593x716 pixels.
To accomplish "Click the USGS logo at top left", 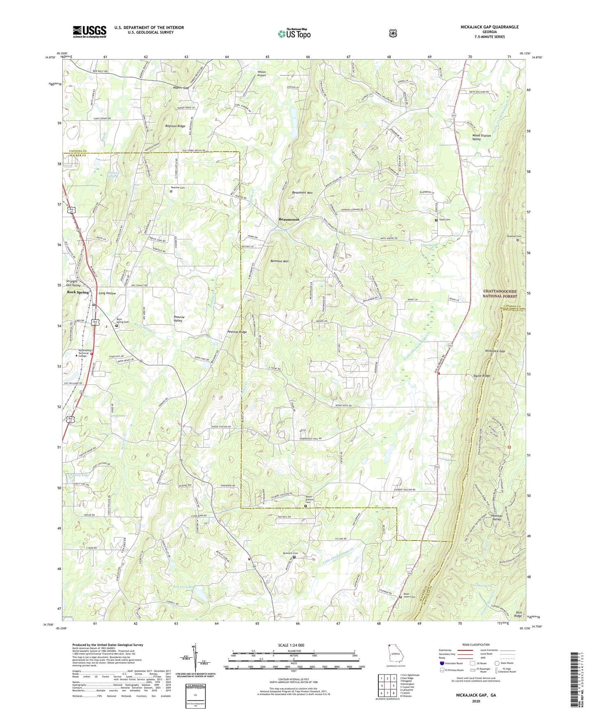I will [89, 32].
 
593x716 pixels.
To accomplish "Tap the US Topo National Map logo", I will [294, 33].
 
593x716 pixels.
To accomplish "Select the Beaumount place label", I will [289, 219].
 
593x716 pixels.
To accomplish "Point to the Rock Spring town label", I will [78, 292].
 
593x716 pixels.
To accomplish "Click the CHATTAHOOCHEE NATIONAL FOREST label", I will [499, 294].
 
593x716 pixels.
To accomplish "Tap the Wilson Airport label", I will [261, 73].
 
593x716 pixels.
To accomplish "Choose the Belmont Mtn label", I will [279, 261].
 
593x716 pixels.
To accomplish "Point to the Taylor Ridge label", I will [481, 376].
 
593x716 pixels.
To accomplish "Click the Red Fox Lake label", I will [183, 587].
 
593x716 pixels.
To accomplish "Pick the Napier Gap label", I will [181, 88].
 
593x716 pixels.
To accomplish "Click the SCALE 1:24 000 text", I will [291, 645].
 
